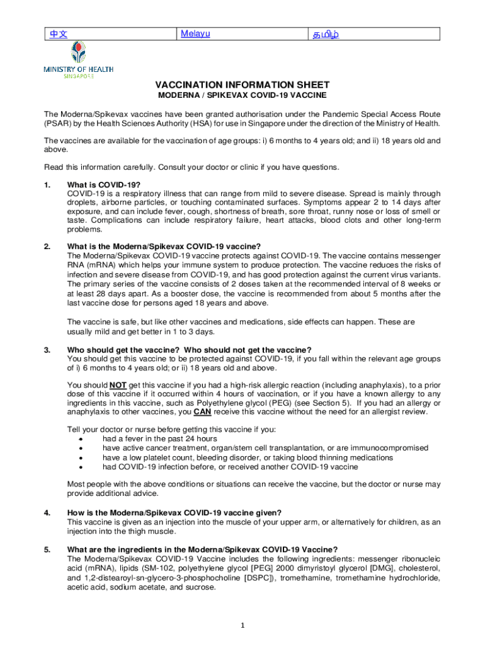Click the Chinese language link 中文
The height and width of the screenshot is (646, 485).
(x=55, y=33)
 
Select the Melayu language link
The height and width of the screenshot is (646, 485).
(x=195, y=33)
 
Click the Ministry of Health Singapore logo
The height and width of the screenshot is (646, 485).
(x=78, y=61)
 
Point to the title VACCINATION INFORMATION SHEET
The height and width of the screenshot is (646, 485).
(x=243, y=85)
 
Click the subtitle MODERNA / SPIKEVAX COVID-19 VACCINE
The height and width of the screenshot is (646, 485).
(x=242, y=95)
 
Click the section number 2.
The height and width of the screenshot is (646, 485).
(x=47, y=246)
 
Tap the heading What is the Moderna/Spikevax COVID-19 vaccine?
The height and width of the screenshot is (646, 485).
(x=163, y=246)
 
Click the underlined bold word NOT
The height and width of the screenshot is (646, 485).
(x=118, y=385)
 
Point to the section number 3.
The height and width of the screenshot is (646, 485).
(x=47, y=349)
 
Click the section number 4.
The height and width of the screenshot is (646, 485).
(x=47, y=512)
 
